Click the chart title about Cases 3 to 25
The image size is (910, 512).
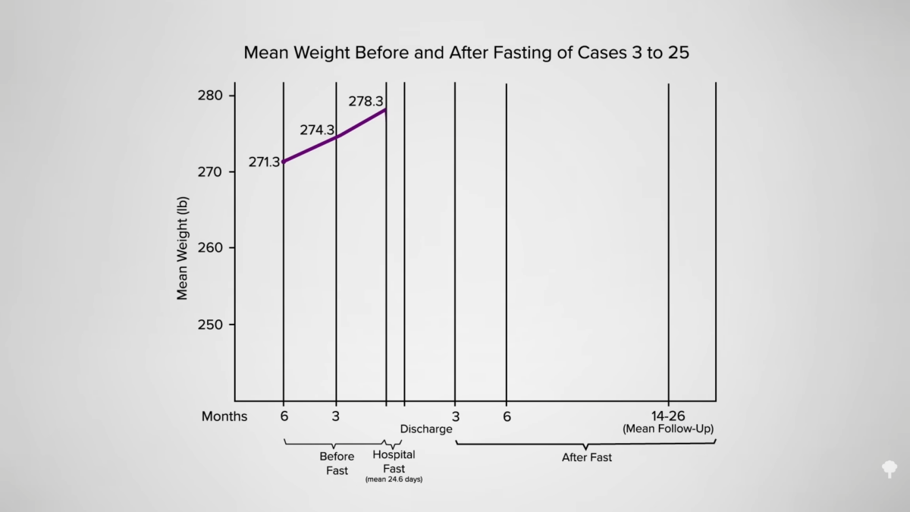click(x=466, y=53)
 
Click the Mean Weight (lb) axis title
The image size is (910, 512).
click(x=183, y=248)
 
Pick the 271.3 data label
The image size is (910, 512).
click(x=264, y=162)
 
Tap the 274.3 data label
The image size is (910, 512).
click(x=317, y=130)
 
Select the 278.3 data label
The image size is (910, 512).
click(x=366, y=101)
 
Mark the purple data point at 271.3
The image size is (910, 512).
click(x=284, y=162)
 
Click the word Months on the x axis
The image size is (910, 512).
click(x=224, y=416)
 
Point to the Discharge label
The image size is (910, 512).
click(x=426, y=429)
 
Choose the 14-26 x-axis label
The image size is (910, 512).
click(x=668, y=416)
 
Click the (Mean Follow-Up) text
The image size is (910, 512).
click(x=668, y=429)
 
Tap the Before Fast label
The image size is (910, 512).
click(x=337, y=463)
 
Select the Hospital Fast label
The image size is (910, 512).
click(x=394, y=462)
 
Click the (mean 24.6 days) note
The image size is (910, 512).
click(x=394, y=479)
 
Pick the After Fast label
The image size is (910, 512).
click(x=586, y=457)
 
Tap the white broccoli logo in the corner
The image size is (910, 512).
click(x=889, y=468)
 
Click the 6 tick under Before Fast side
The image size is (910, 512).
click(x=284, y=416)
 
